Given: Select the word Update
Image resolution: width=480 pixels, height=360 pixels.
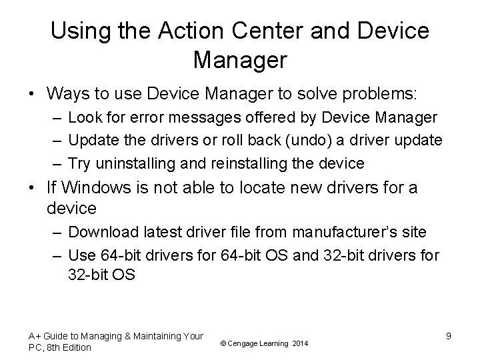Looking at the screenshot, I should tap(91, 141).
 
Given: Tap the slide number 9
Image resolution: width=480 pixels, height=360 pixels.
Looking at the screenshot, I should tap(449, 337).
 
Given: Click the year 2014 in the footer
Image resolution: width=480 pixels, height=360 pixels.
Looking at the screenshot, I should tap(301, 343).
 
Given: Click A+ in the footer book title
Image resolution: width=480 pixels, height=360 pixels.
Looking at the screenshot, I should tap(35, 336).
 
